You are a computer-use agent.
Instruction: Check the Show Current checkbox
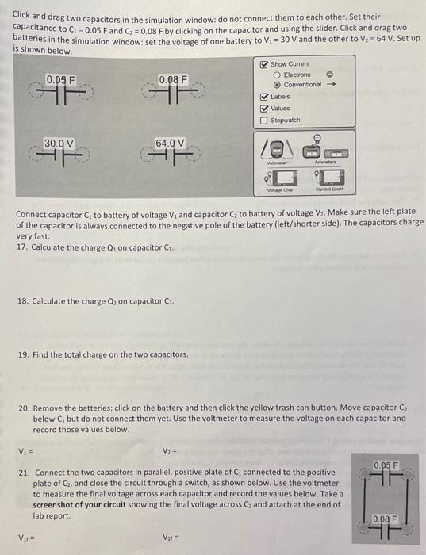pos(264,63)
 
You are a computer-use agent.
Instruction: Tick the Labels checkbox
pos(264,97)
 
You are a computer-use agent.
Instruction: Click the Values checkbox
pos(264,109)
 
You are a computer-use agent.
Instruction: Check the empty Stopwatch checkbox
pos(264,121)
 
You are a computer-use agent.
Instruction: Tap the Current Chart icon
pos(328,181)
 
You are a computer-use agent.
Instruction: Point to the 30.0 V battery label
pos(59,144)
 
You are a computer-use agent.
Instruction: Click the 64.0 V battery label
pos(171,144)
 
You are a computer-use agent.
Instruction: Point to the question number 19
pos(22,354)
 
